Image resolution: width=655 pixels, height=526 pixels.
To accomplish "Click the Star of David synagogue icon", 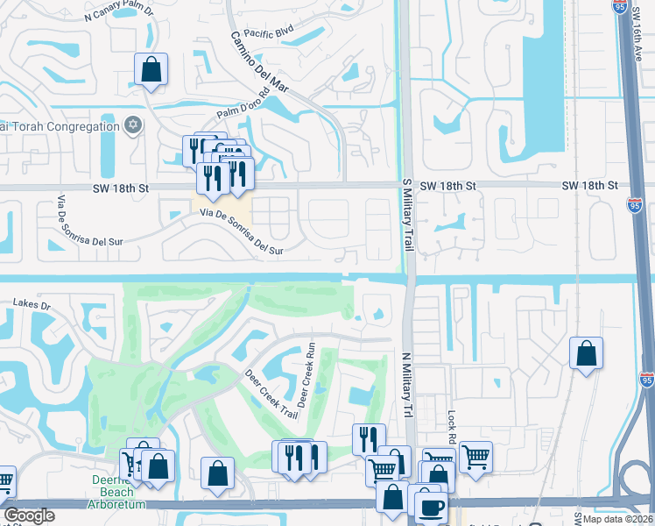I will [x=133, y=126].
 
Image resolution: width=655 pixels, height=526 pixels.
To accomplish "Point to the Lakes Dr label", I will [x=32, y=303].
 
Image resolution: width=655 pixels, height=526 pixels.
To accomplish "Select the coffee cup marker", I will [x=430, y=508].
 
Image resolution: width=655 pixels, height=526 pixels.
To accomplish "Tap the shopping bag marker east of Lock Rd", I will [x=586, y=353].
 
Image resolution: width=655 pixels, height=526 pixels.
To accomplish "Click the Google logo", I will [x=29, y=515].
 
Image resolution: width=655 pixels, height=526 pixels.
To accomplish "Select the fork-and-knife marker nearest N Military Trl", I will [x=368, y=438].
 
